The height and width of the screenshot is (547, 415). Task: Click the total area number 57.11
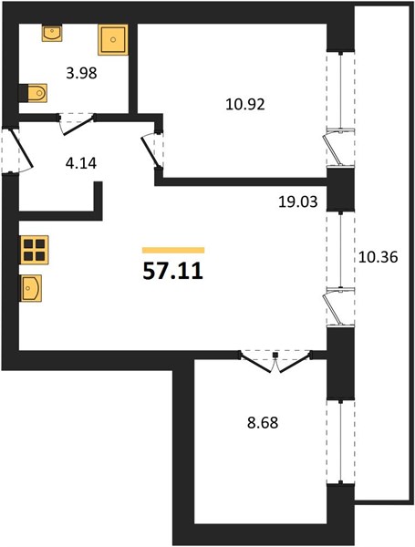coord(172,272)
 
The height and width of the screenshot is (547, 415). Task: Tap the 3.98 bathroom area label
coord(81,73)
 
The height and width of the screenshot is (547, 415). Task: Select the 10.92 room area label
coord(245,104)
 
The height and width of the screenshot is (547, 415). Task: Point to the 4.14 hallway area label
coord(81,163)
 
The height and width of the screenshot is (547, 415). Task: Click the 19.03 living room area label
coord(297,201)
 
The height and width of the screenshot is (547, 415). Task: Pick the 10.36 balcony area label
coord(378,257)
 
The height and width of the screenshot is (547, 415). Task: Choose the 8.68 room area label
coord(263,423)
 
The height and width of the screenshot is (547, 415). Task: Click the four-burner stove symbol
coord(35,250)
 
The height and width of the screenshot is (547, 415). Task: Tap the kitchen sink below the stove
coord(31,288)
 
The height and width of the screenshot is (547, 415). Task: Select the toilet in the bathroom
coord(33,93)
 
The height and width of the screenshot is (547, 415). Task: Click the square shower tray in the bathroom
coord(113,39)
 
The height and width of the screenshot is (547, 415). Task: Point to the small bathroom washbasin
coord(52,33)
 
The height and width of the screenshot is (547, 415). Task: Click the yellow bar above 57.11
coord(173,250)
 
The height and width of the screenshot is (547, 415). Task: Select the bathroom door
coord(78,124)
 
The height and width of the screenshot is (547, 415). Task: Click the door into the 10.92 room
coord(152,150)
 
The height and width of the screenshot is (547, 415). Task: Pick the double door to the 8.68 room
coord(275,361)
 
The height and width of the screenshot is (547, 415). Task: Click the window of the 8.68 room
coord(340,441)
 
